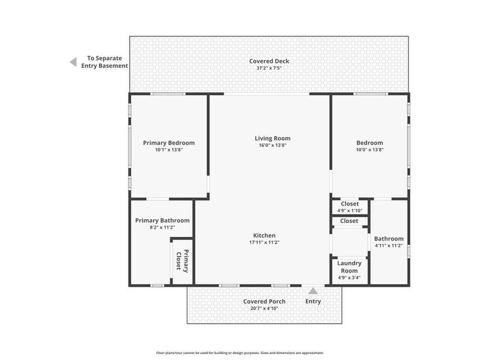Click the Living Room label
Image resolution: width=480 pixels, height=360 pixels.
click(x=273, y=138)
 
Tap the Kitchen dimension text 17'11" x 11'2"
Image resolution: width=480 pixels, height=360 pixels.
click(x=265, y=243)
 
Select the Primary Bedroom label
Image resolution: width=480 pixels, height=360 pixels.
click(x=169, y=143)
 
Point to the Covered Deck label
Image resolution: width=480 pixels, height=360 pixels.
click(x=269, y=61)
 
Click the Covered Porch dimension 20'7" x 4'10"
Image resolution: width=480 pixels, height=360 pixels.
click(x=264, y=308)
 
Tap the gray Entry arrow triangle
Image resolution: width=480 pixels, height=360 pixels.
click(x=313, y=291)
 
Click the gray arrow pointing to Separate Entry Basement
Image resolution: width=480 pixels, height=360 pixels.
click(x=73, y=62)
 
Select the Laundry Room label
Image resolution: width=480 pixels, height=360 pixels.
click(x=349, y=267)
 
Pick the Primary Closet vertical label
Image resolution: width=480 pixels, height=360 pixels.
click(x=182, y=261)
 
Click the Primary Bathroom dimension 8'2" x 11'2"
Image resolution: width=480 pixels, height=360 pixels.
click(x=162, y=227)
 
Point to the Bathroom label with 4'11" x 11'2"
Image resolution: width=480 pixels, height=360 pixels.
click(x=389, y=239)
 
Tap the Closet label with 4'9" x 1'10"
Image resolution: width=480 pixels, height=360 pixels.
click(x=350, y=204)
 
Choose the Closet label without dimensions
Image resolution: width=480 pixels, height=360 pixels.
click(x=349, y=221)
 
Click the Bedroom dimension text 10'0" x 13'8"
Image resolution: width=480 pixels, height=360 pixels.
click(x=370, y=150)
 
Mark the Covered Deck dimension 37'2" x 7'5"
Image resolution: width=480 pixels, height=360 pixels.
click(x=269, y=68)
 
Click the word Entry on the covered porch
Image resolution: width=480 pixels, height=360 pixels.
click(x=313, y=301)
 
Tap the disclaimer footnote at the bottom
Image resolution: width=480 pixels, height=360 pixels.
click(x=239, y=353)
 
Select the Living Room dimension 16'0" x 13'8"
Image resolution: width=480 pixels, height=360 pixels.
click(x=273, y=146)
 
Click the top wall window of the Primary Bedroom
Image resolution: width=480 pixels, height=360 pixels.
click(x=168, y=94)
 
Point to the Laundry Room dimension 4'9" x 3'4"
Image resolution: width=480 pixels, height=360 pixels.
click(x=349, y=278)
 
